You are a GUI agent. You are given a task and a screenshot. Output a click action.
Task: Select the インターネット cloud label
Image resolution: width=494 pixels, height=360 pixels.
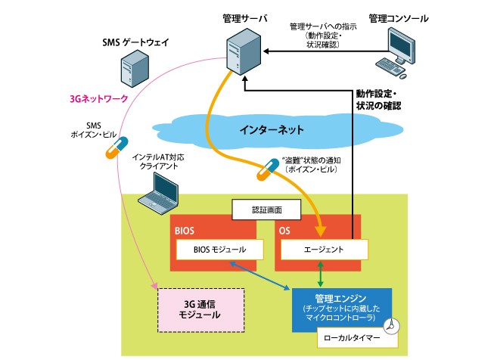coord(261,129)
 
